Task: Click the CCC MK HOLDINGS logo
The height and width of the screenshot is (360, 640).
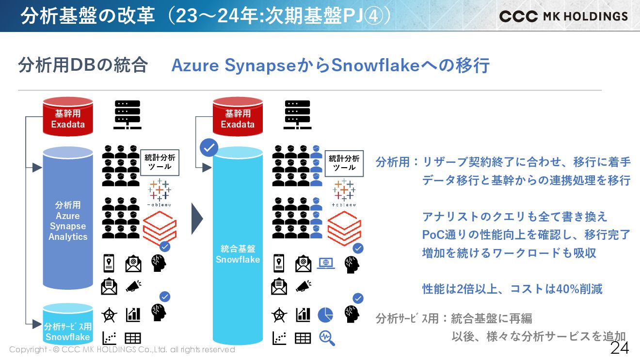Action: pos(563,16)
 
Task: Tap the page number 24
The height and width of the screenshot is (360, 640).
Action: pos(619,347)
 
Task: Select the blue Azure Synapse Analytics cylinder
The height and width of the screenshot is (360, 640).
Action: pos(68,218)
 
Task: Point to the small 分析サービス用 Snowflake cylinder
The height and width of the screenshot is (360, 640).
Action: pos(68,325)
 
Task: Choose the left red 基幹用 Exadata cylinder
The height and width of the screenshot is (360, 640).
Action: pos(68,116)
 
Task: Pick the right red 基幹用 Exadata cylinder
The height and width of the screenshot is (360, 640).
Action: pos(238,116)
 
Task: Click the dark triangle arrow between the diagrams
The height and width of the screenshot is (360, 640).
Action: pos(196,219)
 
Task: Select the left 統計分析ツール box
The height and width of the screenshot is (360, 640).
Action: pos(160,162)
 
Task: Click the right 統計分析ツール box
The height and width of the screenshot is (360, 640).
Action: pos(344,162)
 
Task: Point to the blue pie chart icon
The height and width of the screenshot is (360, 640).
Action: pos(325,315)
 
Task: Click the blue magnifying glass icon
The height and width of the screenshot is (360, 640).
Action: pos(327,338)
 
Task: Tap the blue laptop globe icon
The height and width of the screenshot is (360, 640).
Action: pos(326,263)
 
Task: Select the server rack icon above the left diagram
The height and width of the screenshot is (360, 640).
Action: pos(127,114)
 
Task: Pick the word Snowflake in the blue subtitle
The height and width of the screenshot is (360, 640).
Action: pos(375,65)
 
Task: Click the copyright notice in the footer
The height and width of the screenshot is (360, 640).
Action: pos(122,349)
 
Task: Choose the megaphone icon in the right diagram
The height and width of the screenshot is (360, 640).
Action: pos(303,286)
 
